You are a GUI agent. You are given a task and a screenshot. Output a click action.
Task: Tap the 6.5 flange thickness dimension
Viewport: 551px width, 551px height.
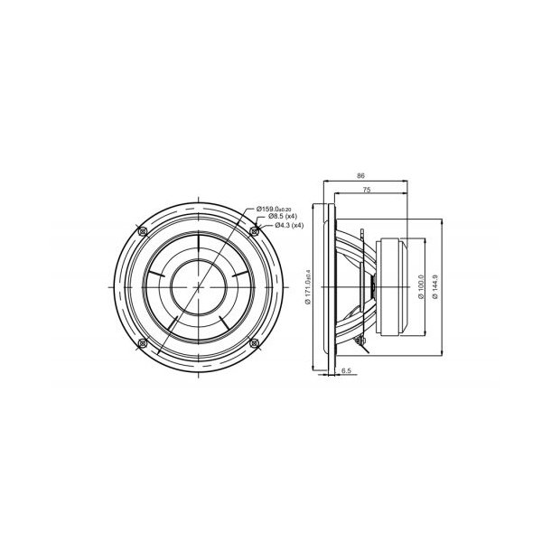pyautogui.click(x=346, y=370)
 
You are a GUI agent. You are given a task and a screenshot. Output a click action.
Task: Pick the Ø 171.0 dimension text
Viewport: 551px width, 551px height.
pyautogui.click(x=308, y=287)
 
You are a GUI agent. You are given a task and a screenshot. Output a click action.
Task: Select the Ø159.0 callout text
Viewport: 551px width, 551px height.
pyautogui.click(x=280, y=209)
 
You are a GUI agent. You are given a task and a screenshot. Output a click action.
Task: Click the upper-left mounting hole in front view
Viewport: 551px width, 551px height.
pyautogui.click(x=142, y=231)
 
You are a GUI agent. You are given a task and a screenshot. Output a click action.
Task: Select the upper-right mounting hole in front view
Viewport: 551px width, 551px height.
pyautogui.click(x=254, y=231)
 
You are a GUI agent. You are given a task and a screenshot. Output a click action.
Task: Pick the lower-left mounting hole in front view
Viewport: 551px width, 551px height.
pyautogui.click(x=142, y=342)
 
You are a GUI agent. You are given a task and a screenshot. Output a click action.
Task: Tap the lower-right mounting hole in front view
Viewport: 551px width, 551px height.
pyautogui.click(x=254, y=342)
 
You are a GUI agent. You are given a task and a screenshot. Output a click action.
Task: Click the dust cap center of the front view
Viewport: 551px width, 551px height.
pyautogui.click(x=198, y=286)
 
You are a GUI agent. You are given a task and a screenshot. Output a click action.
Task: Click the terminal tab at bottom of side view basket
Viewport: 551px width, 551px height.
pyautogui.click(x=360, y=341)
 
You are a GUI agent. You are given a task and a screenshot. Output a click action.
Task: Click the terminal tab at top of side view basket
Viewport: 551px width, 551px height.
pyautogui.click(x=362, y=235)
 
